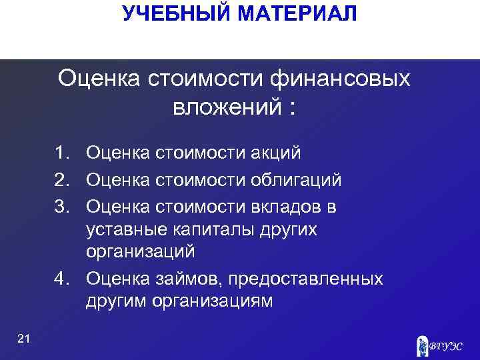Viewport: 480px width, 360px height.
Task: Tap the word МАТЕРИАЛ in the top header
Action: pyautogui.click(x=297, y=13)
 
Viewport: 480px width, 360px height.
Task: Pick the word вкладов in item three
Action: pyautogui.click(x=289, y=207)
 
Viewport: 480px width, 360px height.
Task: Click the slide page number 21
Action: pyautogui.click(x=24, y=340)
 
